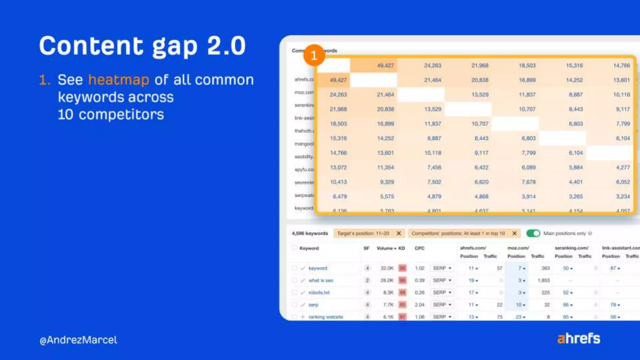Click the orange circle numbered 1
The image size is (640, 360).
tap(314, 55)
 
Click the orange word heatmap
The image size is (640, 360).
tap(118, 80)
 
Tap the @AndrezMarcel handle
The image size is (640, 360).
tap(78, 340)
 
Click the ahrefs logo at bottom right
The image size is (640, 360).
tap(579, 338)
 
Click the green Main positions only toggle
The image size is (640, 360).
tap(533, 233)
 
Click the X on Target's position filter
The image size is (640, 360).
tap(399, 233)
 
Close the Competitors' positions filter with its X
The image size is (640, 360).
tap(514, 233)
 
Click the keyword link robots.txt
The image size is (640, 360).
tap(319, 292)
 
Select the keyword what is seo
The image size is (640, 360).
tap(321, 280)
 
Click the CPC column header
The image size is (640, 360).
tap(419, 248)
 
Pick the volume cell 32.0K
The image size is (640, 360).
tap(387, 268)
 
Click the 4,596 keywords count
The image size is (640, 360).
tap(310, 233)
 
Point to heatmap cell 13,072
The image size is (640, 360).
tap(338, 167)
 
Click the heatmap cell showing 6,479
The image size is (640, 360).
tap(340, 197)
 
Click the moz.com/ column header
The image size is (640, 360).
tap(518, 248)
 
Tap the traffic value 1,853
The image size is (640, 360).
tap(543, 280)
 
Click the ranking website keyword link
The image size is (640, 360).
tap(326, 317)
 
